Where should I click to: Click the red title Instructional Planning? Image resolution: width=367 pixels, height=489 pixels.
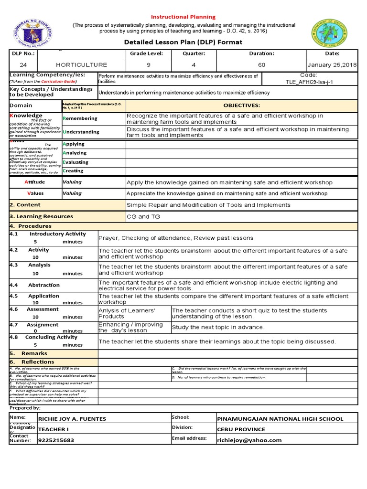point(183,17)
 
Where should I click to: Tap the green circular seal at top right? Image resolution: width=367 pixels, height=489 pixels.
point(330,34)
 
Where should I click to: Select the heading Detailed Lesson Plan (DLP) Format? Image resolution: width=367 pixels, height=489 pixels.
point(183,42)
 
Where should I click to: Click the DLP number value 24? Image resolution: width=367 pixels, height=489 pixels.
point(23,64)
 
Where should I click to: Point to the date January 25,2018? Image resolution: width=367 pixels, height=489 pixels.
point(332,64)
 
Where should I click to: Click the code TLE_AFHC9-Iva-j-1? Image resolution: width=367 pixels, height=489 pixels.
point(309,82)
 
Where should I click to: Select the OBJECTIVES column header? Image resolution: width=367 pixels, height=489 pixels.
point(241,106)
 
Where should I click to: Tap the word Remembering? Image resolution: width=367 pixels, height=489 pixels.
point(80,118)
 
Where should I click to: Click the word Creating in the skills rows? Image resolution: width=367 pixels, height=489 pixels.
point(73,170)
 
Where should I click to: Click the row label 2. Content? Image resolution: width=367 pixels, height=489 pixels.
point(25,204)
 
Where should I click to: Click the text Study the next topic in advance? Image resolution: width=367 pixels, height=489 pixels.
point(218,327)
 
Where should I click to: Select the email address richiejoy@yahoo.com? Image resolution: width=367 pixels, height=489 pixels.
point(249,440)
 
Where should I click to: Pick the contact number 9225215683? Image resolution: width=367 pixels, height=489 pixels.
point(56,440)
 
